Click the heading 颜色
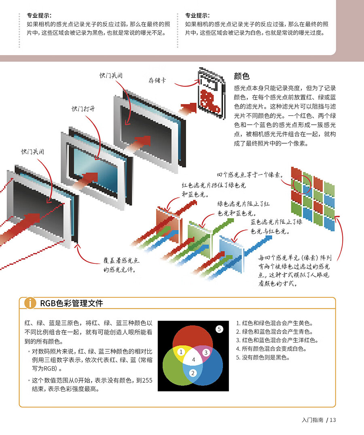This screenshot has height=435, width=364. click(x=242, y=76)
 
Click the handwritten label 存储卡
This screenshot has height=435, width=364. click(x=157, y=80)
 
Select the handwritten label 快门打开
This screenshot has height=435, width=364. click(x=84, y=109)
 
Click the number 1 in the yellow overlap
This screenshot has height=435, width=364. click(x=182, y=352)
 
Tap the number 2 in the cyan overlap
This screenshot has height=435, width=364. click(x=193, y=373)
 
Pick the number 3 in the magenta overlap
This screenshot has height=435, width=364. click(x=205, y=352)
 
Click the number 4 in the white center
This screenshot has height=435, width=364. click(x=193, y=359)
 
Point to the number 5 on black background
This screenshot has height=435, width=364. click(x=219, y=329)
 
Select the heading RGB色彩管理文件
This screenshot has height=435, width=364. click(x=71, y=303)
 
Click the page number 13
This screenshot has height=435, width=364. click(x=333, y=420)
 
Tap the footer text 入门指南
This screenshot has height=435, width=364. click(x=312, y=420)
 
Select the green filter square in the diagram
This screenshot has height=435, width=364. click(x=199, y=235)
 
